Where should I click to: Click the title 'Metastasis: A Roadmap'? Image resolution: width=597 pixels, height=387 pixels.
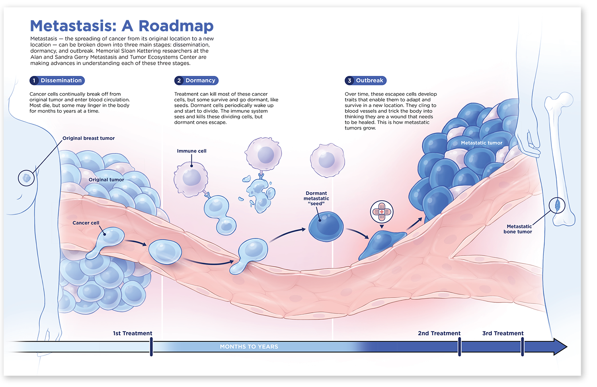(x=122, y=26)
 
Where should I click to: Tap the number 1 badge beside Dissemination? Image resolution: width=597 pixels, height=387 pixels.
(x=34, y=81)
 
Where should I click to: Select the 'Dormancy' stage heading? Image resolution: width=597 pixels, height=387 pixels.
(x=200, y=81)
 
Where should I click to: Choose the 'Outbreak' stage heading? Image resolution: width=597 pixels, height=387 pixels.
(x=369, y=81)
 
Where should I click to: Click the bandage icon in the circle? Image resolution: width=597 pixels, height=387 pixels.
(x=381, y=212)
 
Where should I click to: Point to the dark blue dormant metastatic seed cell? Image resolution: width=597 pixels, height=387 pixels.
(x=326, y=226)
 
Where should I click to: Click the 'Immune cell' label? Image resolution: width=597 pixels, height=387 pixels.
(x=191, y=151)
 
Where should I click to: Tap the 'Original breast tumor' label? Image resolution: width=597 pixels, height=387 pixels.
(x=88, y=138)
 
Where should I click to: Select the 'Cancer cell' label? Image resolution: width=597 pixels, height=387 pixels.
(x=86, y=223)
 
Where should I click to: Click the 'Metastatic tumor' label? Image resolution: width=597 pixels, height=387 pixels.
(x=482, y=143)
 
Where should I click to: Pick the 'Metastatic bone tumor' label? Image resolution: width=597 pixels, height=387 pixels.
(x=519, y=229)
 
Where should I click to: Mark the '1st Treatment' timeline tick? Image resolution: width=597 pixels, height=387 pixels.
(x=151, y=347)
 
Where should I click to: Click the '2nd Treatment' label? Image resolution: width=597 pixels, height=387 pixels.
(x=439, y=333)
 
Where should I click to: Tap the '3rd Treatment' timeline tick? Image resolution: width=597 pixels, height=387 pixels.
(x=522, y=347)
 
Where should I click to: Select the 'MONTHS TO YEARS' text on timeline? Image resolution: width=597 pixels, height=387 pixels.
(x=249, y=347)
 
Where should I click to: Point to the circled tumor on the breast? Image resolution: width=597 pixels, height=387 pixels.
(x=27, y=178)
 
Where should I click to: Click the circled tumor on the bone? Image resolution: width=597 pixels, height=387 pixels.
(x=557, y=205)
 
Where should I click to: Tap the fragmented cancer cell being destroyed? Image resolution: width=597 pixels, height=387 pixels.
(x=259, y=193)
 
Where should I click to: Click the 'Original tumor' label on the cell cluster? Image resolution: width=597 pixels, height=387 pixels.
(x=106, y=180)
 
